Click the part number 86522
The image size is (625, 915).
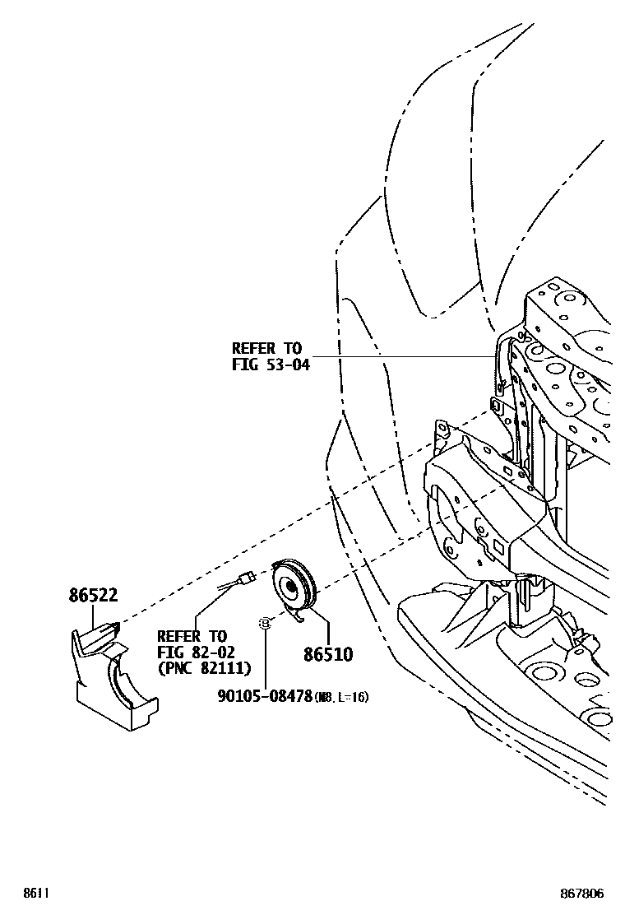coord(93,596)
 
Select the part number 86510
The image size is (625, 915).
coord(327,654)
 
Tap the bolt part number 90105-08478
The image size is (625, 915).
coord(265,696)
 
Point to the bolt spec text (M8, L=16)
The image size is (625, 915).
coord(342,697)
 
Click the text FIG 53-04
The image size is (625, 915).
coord(271,365)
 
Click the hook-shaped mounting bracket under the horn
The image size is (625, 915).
coord(297,616)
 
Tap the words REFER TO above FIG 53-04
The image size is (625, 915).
coord(266,349)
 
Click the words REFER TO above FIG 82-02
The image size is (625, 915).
coord(192,636)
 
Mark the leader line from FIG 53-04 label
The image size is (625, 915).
coord(403,357)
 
